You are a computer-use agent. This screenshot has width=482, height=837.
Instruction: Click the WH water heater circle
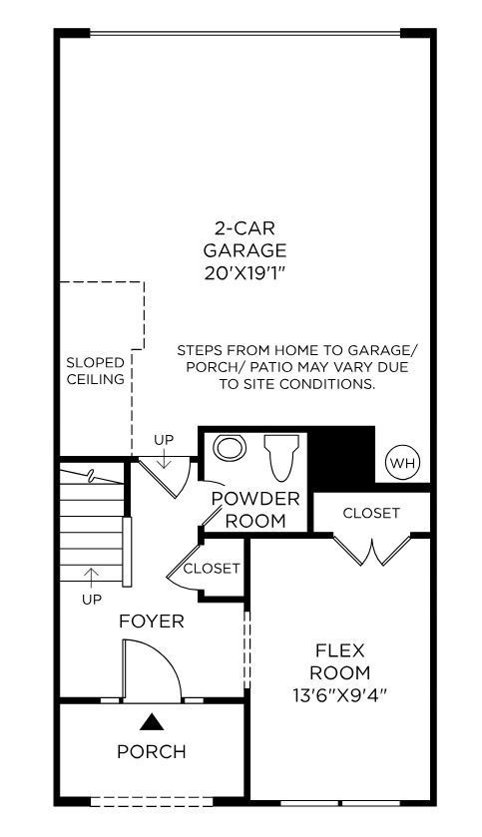[402, 463]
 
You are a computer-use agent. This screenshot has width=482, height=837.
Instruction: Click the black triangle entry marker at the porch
[151, 721]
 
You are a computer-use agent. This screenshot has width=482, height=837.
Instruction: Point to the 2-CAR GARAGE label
[244, 238]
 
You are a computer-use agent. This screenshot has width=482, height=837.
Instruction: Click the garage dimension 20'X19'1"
[244, 270]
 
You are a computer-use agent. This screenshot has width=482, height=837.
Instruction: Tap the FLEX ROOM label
[339, 661]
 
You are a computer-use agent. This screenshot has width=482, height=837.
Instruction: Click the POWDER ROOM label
[255, 509]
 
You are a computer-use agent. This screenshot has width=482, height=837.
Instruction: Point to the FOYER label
[152, 622]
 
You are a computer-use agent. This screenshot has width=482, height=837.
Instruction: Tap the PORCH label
[152, 751]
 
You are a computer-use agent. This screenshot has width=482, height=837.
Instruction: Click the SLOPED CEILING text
[96, 371]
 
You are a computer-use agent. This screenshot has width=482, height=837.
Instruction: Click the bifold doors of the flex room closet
[370, 550]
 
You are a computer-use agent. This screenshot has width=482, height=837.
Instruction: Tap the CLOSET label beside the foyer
[212, 569]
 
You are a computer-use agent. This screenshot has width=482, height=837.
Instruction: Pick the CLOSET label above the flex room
[371, 513]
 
